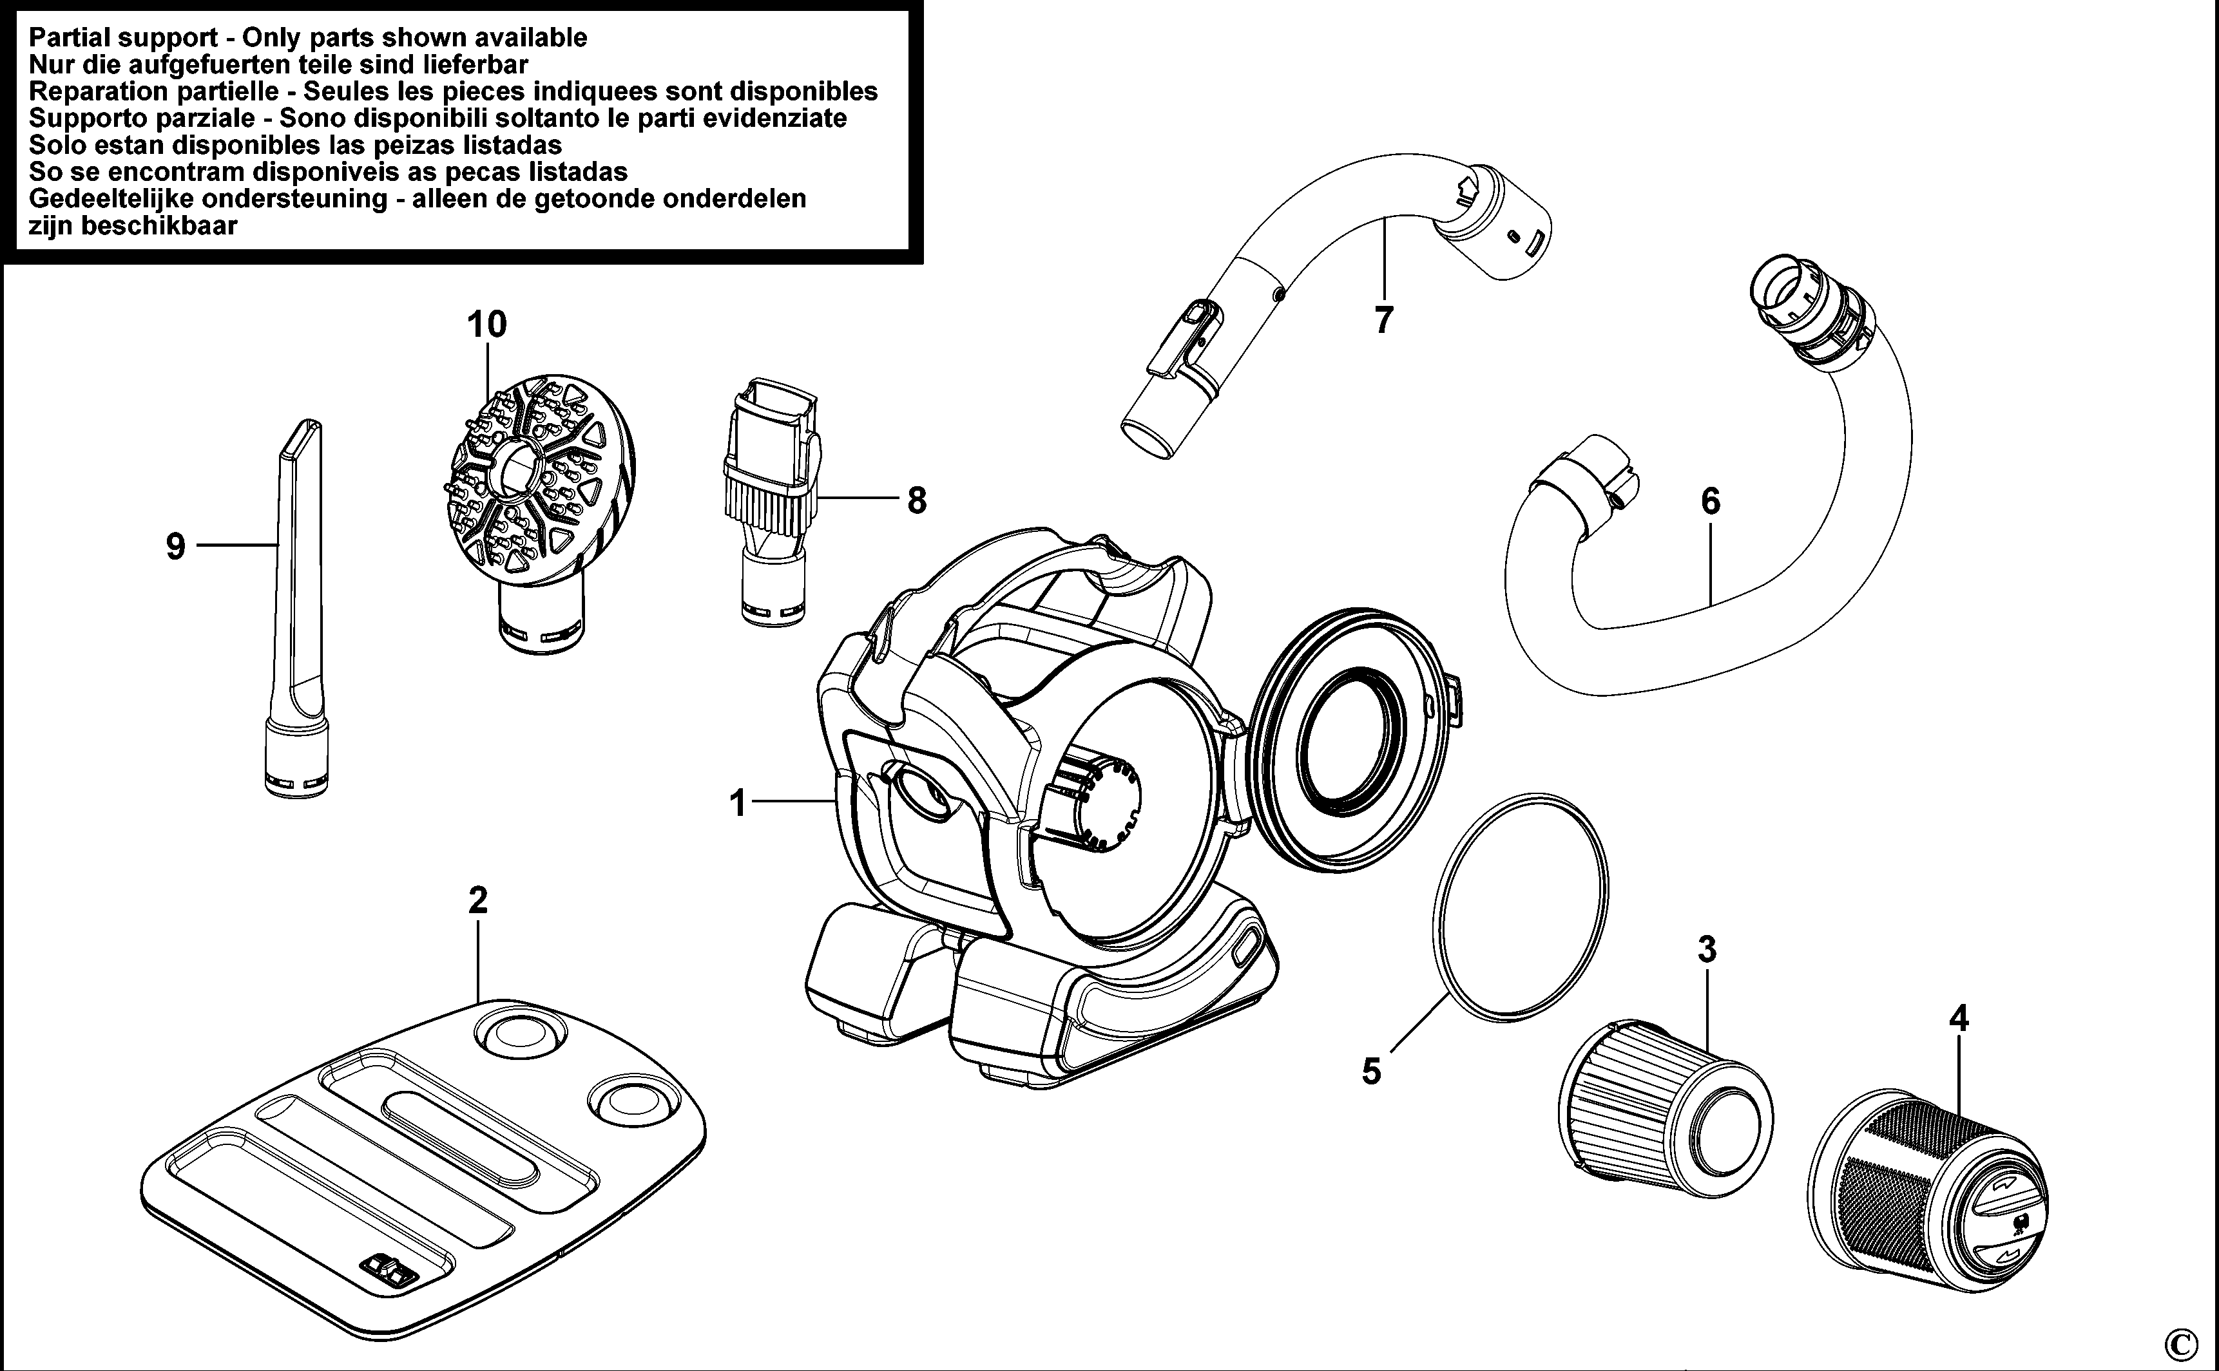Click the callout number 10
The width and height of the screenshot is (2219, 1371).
pos(486,325)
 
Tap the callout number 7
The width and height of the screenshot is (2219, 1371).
pos(1383,320)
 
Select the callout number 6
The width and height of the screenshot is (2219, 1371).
pos(1710,500)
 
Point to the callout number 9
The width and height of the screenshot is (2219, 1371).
pos(176,547)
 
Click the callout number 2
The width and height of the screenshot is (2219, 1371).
pos(478,900)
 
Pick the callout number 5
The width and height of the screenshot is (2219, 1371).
pos(1371,1071)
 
